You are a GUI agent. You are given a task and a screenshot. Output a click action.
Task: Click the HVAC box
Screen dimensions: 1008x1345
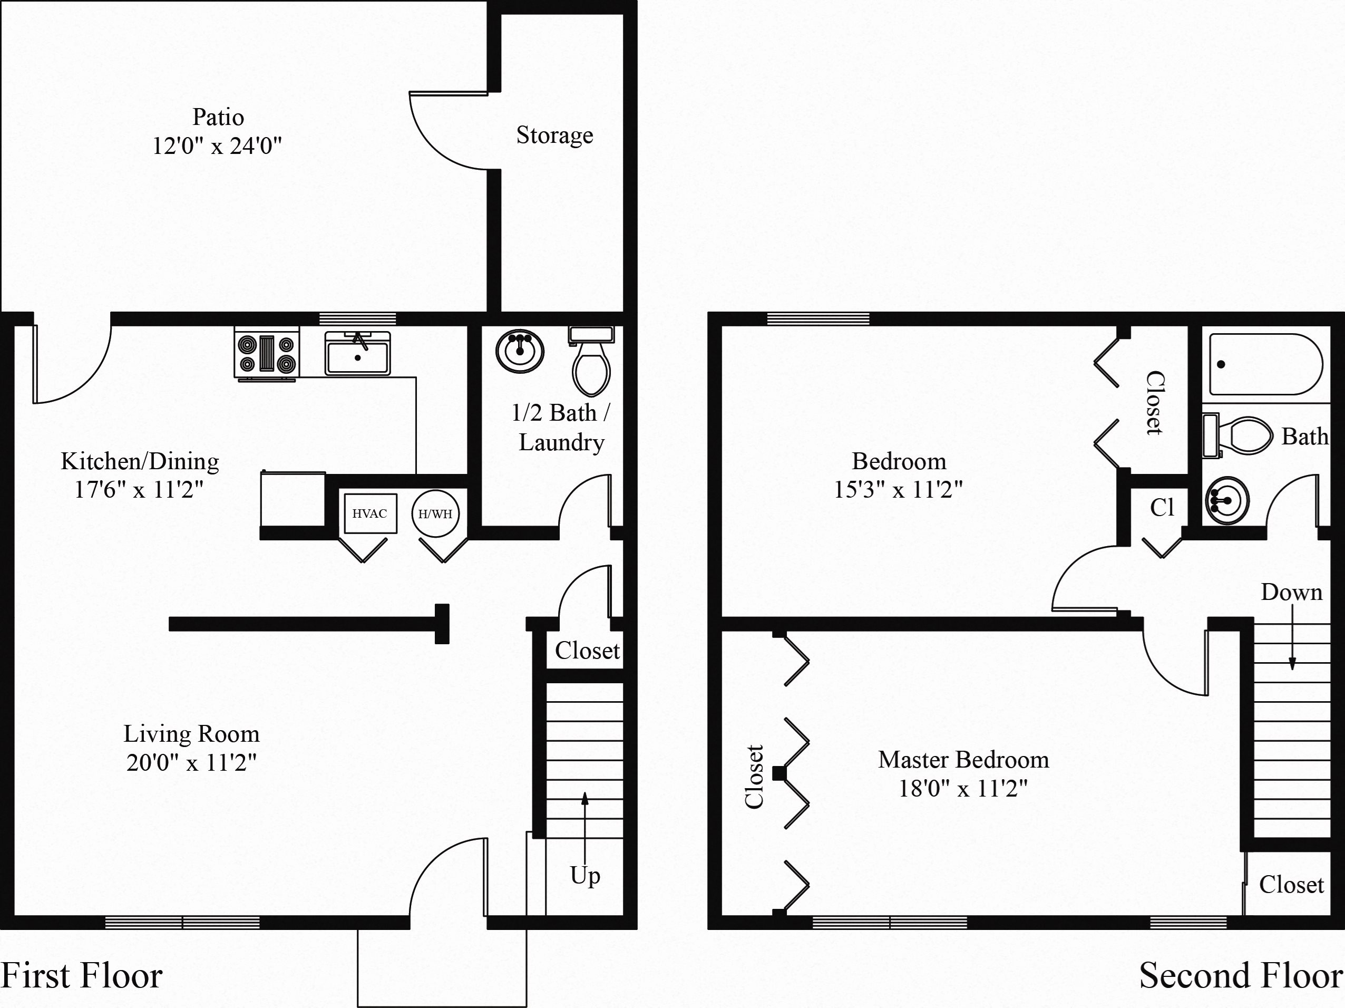tap(369, 513)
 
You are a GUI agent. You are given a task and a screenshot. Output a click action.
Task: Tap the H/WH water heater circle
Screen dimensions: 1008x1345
tap(435, 514)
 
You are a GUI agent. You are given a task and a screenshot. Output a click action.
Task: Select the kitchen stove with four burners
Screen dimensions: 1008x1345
tap(266, 354)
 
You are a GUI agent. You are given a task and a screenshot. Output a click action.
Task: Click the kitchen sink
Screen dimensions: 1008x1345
tap(357, 355)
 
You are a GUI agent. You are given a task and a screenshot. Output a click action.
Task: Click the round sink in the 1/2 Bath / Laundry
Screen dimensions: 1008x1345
tap(519, 352)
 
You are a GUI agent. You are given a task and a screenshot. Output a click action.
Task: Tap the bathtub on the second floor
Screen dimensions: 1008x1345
tap(1266, 364)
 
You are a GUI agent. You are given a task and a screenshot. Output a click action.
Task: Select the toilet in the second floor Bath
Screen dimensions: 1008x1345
tap(1241, 435)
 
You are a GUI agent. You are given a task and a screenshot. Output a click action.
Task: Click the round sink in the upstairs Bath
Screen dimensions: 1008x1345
tap(1227, 501)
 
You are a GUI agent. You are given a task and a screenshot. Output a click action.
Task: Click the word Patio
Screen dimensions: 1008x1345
tap(218, 117)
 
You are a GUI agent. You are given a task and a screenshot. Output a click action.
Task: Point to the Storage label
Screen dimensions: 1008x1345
tap(554, 135)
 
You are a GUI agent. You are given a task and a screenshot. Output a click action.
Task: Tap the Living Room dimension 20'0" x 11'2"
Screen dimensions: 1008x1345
tap(191, 762)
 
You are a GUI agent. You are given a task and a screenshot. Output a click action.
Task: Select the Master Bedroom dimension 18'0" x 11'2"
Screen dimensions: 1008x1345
tap(963, 788)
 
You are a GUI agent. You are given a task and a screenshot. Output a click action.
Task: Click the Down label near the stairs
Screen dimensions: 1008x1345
tap(1291, 592)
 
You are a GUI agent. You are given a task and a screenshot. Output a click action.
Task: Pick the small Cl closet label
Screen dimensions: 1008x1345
tap(1162, 507)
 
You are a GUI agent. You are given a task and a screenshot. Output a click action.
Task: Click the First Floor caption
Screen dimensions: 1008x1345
tap(82, 975)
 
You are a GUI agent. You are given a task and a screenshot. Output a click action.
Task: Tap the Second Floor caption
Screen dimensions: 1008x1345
tap(1241, 975)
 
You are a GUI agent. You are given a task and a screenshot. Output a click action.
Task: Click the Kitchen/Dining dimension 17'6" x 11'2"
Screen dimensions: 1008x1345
tap(139, 489)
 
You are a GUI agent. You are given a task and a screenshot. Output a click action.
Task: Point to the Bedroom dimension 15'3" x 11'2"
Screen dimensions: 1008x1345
tap(898, 489)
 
